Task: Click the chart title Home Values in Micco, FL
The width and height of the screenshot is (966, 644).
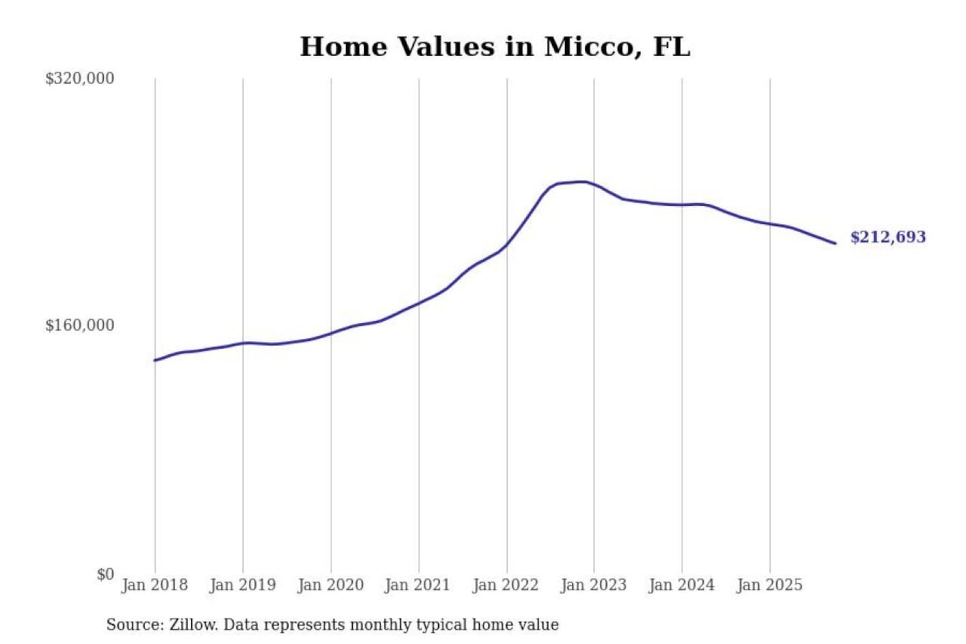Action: [x=494, y=47]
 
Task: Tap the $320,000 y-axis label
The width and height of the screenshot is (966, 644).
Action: [x=80, y=78]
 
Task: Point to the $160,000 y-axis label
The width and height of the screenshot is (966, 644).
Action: [x=80, y=325]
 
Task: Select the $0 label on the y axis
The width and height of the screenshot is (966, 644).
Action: [x=105, y=574]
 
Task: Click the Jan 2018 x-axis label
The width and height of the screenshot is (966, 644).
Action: [x=154, y=585]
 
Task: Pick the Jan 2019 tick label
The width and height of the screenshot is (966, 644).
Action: [x=242, y=585]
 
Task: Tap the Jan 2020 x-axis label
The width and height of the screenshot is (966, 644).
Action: [x=330, y=585]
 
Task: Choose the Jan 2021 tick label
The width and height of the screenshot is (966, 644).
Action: [x=417, y=585]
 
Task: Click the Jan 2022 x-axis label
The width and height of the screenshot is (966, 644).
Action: [x=505, y=585]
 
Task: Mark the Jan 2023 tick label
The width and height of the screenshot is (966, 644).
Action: [x=593, y=585]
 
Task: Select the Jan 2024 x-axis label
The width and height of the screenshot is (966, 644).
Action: [x=681, y=585]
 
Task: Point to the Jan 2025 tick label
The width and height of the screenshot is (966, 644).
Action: [x=769, y=585]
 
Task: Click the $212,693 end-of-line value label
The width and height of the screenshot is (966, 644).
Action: [x=888, y=237]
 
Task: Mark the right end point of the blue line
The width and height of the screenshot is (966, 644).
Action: [x=835, y=243]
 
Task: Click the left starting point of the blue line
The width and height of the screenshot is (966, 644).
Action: [x=155, y=360]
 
